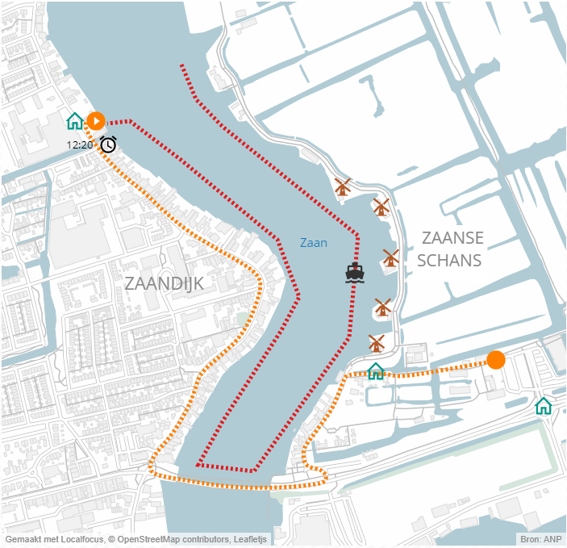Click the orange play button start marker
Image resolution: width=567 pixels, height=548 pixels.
pyautogui.click(x=96, y=122)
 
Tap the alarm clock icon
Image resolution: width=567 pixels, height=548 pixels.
pyautogui.click(x=108, y=144)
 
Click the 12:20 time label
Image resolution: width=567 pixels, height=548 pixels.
pyautogui.click(x=80, y=145)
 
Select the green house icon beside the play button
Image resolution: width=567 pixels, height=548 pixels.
pyautogui.click(x=75, y=121)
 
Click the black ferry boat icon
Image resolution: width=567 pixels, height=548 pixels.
pyautogui.click(x=355, y=273)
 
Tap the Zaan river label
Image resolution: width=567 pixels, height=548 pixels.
pyautogui.click(x=314, y=242)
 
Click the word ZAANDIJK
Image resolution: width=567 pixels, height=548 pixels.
pyautogui.click(x=165, y=284)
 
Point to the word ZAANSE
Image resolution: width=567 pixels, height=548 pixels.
pyautogui.click(x=452, y=238)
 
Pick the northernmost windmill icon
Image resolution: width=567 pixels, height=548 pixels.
pyautogui.click(x=343, y=187)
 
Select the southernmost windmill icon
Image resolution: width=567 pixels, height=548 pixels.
pyautogui.click(x=376, y=343)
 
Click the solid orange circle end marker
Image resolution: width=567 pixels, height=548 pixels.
pyautogui.click(x=496, y=360)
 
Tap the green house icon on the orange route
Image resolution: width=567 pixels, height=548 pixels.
pyautogui.click(x=376, y=370)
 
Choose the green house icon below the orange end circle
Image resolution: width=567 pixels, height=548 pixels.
pyautogui.click(x=544, y=405)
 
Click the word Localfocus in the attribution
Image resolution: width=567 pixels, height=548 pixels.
pyautogui.click(x=80, y=539)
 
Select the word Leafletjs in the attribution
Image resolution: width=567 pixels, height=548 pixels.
pyautogui.click(x=256, y=539)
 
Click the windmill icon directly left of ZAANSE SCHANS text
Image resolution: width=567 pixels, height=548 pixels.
pyautogui.click(x=391, y=257)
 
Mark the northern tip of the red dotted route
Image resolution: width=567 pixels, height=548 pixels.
pyautogui.click(x=181, y=65)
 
